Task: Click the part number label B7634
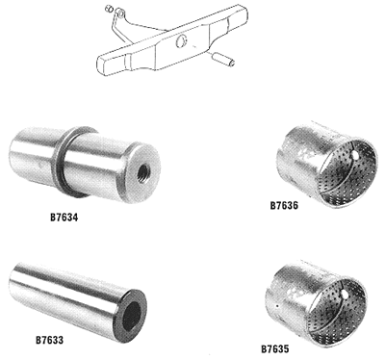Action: coord(64,218)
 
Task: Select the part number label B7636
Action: coord(284,205)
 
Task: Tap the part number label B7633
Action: coord(49,340)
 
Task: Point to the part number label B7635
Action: coord(275,348)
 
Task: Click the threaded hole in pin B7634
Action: coord(142,173)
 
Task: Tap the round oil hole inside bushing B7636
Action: coord(355,156)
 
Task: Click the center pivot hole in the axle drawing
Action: coord(181,41)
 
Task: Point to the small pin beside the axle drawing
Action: coord(223,60)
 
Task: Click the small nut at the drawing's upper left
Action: coord(109,9)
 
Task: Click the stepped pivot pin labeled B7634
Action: coord(84,165)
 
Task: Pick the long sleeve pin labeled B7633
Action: coord(77,301)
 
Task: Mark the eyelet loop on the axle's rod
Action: coord(120,13)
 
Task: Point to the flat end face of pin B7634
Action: coord(142,173)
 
